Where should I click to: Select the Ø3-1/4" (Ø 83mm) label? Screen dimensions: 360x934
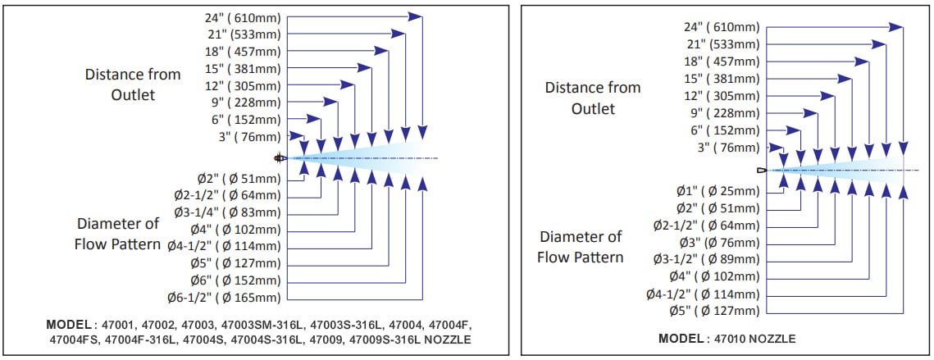(226, 212)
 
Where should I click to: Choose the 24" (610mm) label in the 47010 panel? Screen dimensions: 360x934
(722, 27)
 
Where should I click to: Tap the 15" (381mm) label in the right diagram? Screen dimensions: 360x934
(722, 79)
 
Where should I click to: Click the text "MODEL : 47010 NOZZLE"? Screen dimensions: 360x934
(727, 338)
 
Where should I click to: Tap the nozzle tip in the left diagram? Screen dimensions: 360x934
(279, 157)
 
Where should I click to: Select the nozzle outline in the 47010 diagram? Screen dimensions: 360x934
(762, 171)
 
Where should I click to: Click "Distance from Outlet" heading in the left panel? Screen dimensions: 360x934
(133, 84)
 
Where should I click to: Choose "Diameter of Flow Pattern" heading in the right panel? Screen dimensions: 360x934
(581, 246)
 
